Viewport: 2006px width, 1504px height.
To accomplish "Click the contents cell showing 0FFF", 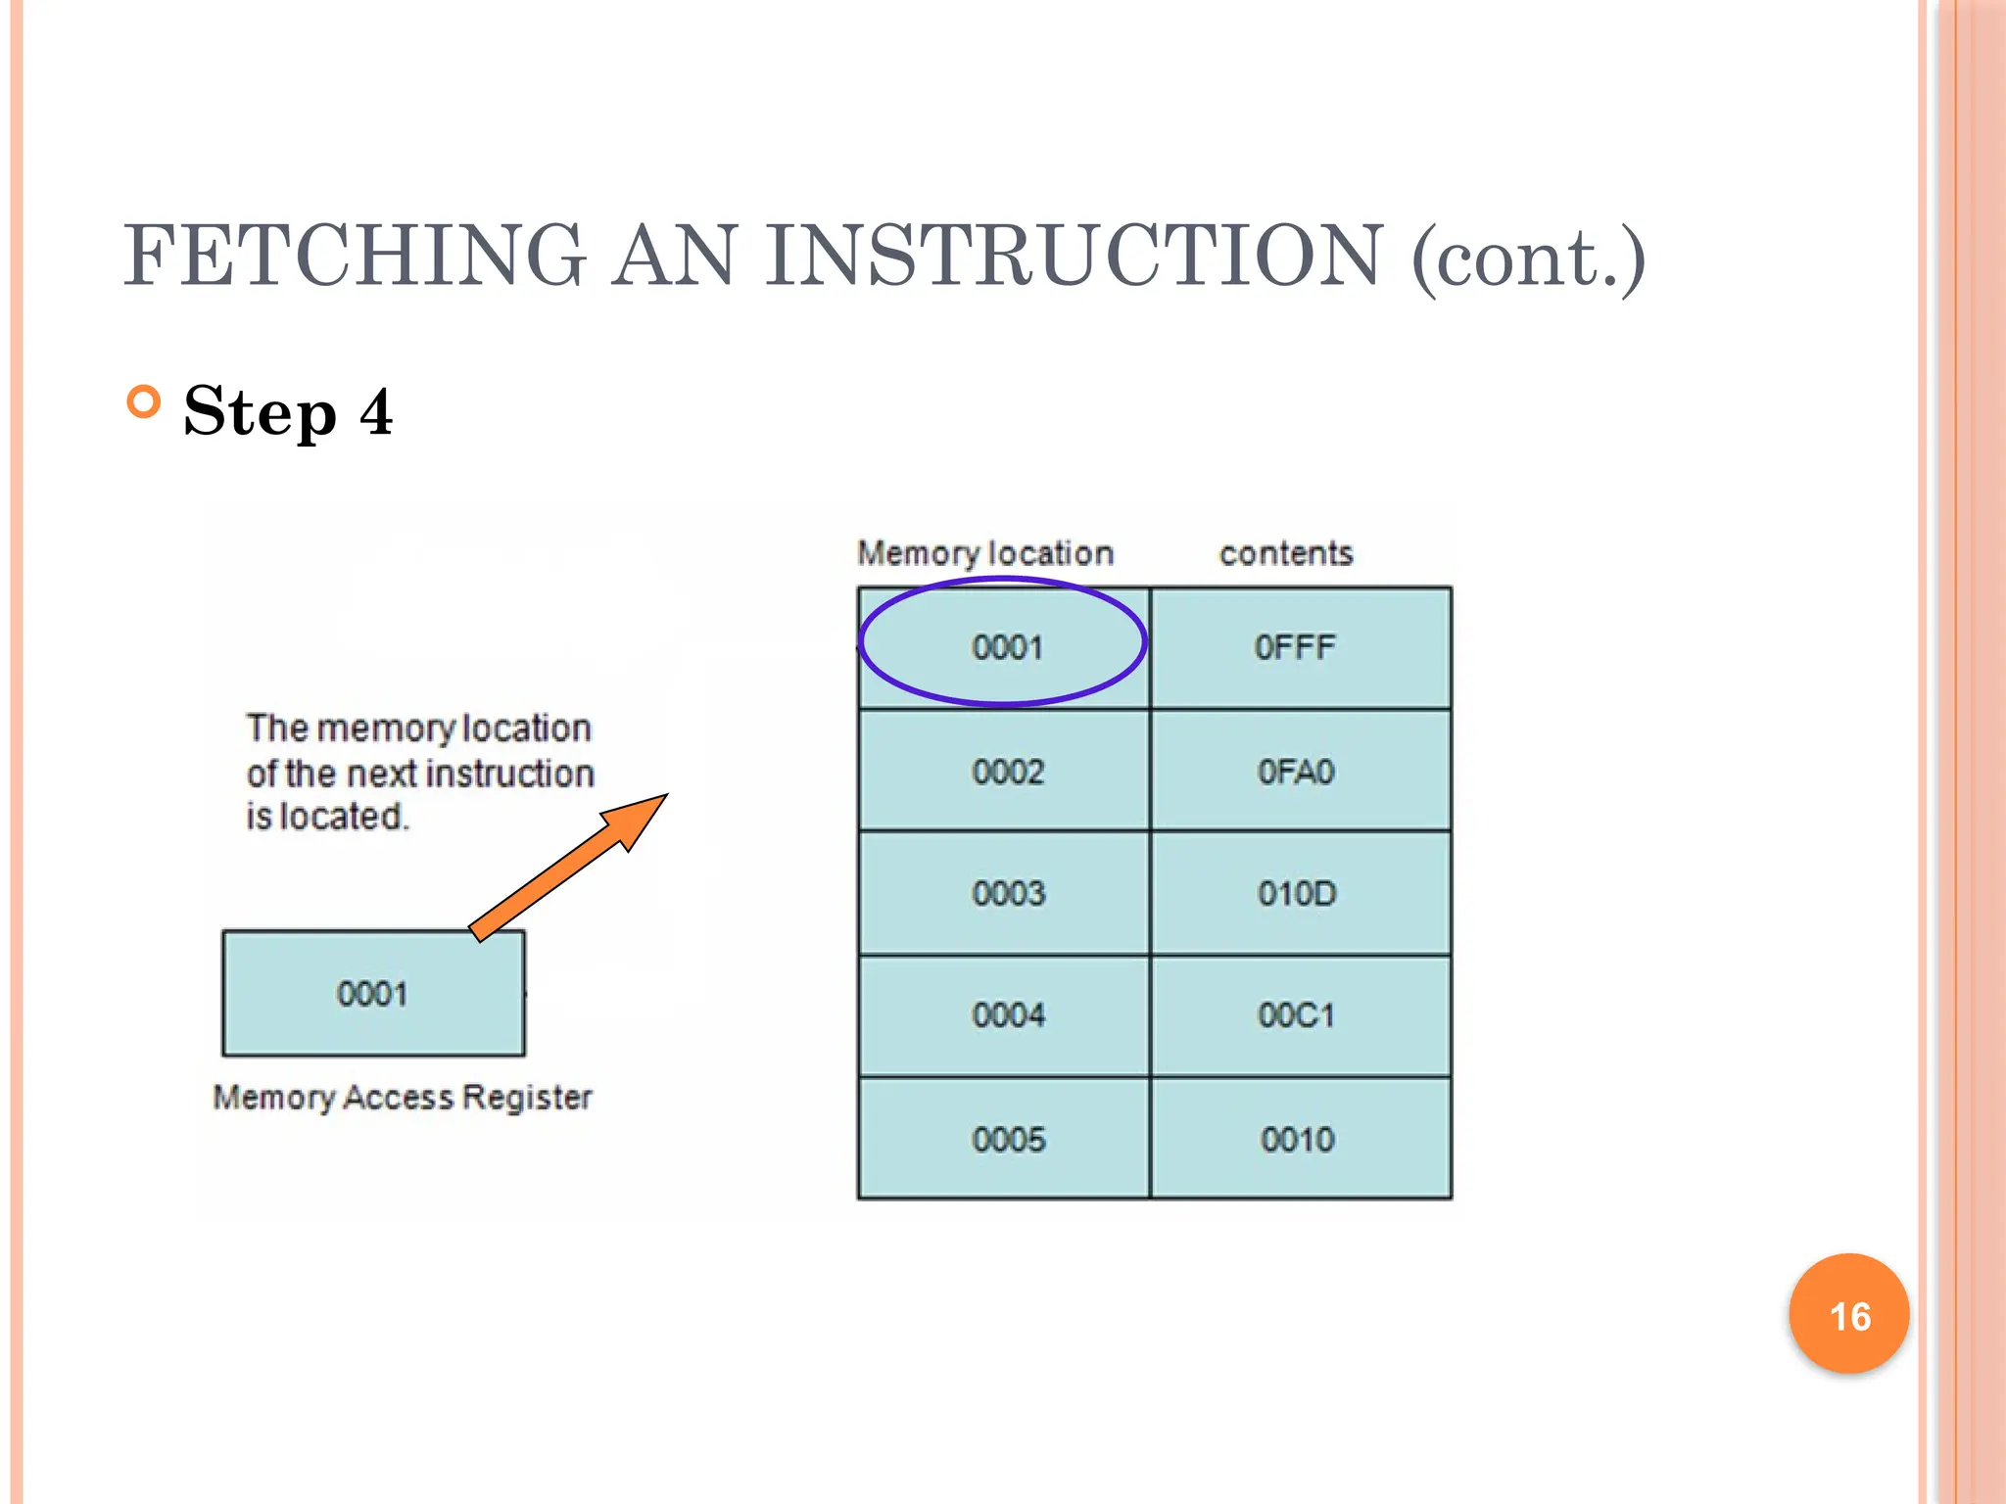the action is point(1295,647).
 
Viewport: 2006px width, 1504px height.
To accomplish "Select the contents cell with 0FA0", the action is point(1295,772).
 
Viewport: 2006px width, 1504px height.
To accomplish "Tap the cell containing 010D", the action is point(1297,893).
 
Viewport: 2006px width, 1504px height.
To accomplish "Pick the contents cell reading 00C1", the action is point(1296,1015).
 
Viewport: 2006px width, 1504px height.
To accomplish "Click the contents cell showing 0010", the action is point(1297,1139).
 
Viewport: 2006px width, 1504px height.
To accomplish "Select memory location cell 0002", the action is point(1008,772).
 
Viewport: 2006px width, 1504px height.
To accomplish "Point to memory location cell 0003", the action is point(1008,893).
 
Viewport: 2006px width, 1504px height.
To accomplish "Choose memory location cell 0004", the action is point(1008,1015).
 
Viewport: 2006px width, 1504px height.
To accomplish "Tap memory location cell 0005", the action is point(1008,1139).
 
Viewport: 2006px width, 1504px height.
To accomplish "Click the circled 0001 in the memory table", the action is point(1007,647).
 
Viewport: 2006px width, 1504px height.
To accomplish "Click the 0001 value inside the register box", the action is point(372,994).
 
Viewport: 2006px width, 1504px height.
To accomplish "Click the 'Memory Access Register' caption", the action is point(403,1098).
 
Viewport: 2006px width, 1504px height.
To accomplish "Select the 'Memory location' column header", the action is point(985,553).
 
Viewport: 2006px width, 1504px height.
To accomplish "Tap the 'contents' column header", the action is point(1286,553).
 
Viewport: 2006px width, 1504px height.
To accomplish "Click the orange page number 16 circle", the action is point(1848,1315).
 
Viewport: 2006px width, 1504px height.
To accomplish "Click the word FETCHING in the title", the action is point(354,256).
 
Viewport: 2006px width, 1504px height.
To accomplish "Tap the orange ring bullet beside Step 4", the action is point(144,402).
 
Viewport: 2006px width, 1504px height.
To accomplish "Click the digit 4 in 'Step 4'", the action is point(376,412).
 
